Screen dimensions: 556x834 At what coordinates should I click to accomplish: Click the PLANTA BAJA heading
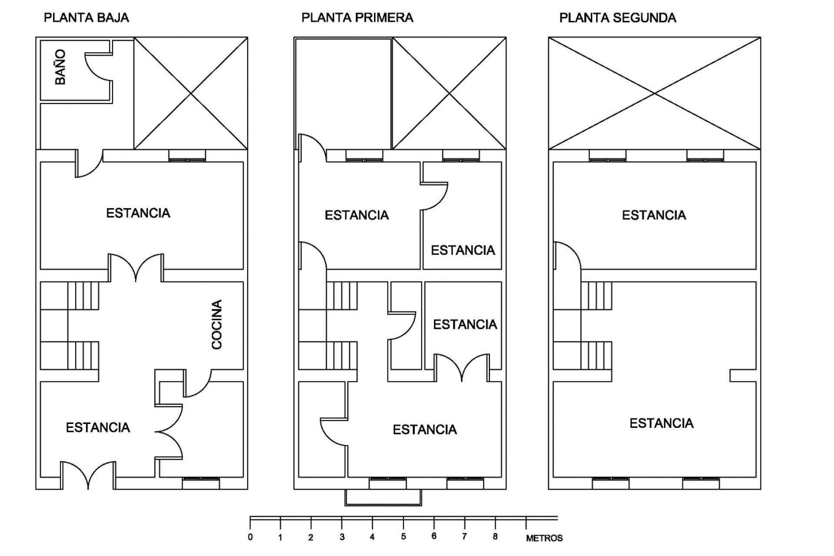tap(86, 18)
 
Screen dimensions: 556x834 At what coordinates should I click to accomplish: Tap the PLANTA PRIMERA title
tap(357, 18)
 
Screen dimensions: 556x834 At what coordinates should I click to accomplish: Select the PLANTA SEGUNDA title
tap(617, 18)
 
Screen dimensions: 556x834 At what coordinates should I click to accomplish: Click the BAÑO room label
tap(60, 67)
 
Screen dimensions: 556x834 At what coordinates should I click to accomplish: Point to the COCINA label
tap(217, 324)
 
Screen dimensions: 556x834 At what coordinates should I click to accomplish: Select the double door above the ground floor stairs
tap(136, 267)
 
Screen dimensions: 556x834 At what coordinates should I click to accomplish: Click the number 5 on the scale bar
tap(404, 537)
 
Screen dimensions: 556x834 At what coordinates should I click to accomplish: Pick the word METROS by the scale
tap(544, 538)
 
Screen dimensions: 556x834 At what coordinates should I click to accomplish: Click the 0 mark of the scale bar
tap(250, 537)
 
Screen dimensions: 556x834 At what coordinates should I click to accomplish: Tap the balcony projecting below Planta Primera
tap(383, 498)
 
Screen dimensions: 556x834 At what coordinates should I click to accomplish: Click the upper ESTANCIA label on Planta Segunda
tap(654, 215)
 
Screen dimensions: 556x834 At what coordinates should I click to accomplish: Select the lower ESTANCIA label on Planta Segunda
tap(661, 423)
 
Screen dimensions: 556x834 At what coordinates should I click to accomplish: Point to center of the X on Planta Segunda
tap(655, 93)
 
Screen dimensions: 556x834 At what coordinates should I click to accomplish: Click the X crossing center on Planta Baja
tap(191, 93)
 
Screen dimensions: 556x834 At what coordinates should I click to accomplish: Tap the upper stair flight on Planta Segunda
tap(596, 295)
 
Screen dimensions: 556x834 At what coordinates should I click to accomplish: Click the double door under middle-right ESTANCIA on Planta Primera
tap(462, 367)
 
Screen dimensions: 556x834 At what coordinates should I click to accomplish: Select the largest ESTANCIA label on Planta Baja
tap(138, 213)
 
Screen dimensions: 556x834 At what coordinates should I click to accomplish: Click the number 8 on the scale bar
tap(495, 537)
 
